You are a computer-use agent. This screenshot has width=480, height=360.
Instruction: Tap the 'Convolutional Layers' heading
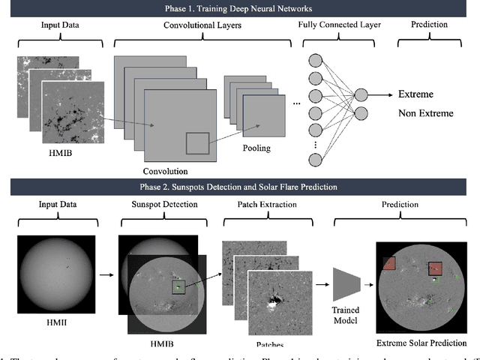[199, 25]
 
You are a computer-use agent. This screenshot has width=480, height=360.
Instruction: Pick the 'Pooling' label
[256, 148]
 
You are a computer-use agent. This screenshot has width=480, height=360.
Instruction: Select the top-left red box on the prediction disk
[388, 263]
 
